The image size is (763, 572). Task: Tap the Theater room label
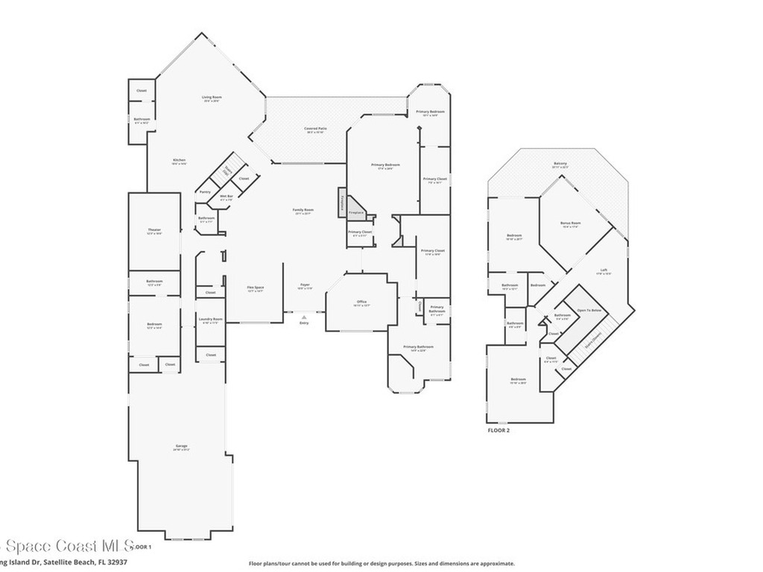(x=154, y=230)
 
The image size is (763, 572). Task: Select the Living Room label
(x=212, y=98)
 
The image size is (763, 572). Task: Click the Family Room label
(x=303, y=210)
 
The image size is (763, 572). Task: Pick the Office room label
(x=360, y=302)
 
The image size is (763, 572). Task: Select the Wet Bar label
(x=226, y=197)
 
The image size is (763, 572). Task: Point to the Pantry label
(x=205, y=191)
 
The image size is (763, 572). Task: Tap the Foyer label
(x=305, y=285)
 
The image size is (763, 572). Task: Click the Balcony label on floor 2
(x=560, y=164)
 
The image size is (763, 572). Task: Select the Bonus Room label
(x=571, y=223)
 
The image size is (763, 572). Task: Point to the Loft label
(x=603, y=270)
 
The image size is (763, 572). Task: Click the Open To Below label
(x=589, y=309)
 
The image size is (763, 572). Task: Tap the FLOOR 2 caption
(x=498, y=430)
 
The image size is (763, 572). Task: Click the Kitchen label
(x=180, y=160)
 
